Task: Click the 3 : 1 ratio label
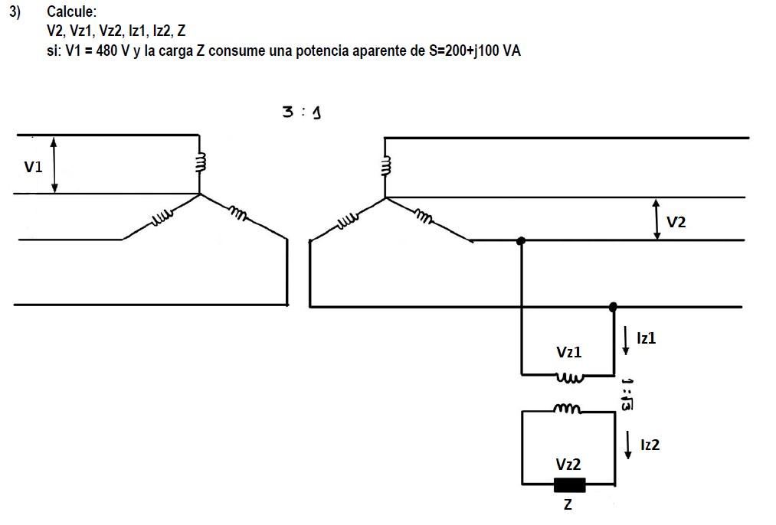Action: [301, 112]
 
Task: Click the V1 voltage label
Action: [34, 167]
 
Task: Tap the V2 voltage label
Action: [676, 222]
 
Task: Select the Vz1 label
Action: [568, 352]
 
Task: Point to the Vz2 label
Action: [568, 465]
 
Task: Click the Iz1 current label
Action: [646, 337]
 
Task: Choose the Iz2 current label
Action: [649, 444]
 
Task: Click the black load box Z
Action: [569, 484]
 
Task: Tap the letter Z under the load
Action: [568, 506]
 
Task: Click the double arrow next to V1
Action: [54, 165]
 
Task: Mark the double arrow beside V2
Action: [656, 220]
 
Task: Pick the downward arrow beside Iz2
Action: [628, 445]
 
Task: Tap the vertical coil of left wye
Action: [201, 163]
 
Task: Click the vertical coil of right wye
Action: [386, 166]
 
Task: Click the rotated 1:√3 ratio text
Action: [627, 394]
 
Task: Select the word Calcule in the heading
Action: [71, 12]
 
